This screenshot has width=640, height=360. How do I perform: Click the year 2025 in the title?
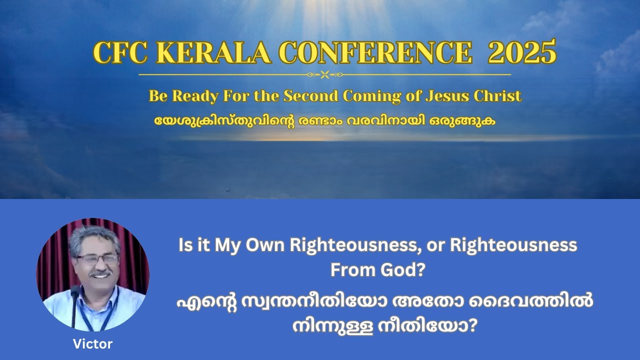522,52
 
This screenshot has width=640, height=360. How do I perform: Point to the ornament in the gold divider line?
324,75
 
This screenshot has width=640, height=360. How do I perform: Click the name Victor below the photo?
92,344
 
